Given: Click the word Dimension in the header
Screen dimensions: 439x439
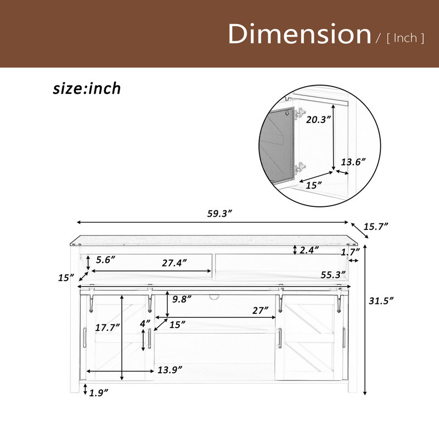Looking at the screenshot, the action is pyautogui.click(x=299, y=34).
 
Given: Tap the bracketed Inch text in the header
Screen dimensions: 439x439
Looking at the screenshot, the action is pyautogui.click(x=406, y=38).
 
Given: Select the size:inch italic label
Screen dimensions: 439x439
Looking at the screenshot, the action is pyautogui.click(x=87, y=88).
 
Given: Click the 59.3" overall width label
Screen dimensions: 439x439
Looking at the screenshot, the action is pyautogui.click(x=220, y=213).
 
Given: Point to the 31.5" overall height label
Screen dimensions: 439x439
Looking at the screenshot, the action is pyautogui.click(x=381, y=301).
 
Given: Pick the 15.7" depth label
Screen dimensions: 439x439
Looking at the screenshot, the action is pyautogui.click(x=376, y=226).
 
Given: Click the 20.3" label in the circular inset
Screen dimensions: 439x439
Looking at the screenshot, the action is pyautogui.click(x=319, y=120).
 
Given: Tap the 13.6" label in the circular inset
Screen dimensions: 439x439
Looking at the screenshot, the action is pyautogui.click(x=353, y=162).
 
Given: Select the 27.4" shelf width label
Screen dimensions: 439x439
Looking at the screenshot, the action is pyautogui.click(x=174, y=263).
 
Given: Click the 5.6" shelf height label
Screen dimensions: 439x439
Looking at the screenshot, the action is pyautogui.click(x=105, y=260).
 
